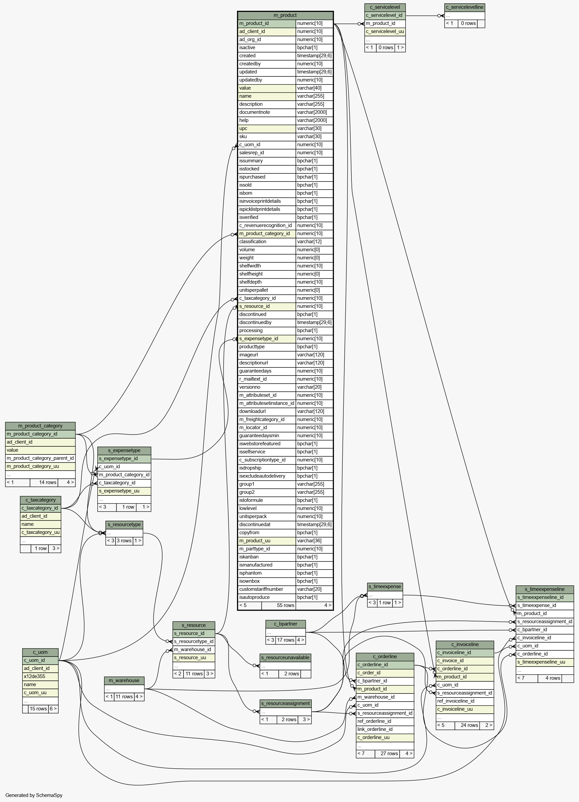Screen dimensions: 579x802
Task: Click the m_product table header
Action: coord(285,15)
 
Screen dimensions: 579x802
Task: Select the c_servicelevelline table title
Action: coord(465,7)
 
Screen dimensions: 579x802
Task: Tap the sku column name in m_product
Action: coord(243,136)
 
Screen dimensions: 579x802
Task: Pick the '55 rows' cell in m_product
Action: coord(285,605)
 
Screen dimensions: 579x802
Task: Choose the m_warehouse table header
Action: coord(124,680)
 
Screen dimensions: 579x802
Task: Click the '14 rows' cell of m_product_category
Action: coord(48,482)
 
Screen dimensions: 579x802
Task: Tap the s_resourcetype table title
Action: coord(124,524)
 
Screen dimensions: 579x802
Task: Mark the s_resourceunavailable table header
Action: coord(285,657)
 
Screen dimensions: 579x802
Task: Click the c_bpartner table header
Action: coord(285,624)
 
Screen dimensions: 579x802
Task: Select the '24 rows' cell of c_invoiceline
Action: coord(469,725)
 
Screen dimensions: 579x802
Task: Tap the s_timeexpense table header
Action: coord(385,587)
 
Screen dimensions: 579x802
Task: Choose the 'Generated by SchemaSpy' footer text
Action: coord(34,795)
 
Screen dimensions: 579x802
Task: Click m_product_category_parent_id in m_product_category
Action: coord(40,458)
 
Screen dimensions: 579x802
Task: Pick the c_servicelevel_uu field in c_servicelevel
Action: coord(385,31)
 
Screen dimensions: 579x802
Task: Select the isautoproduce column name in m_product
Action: coord(254,597)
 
